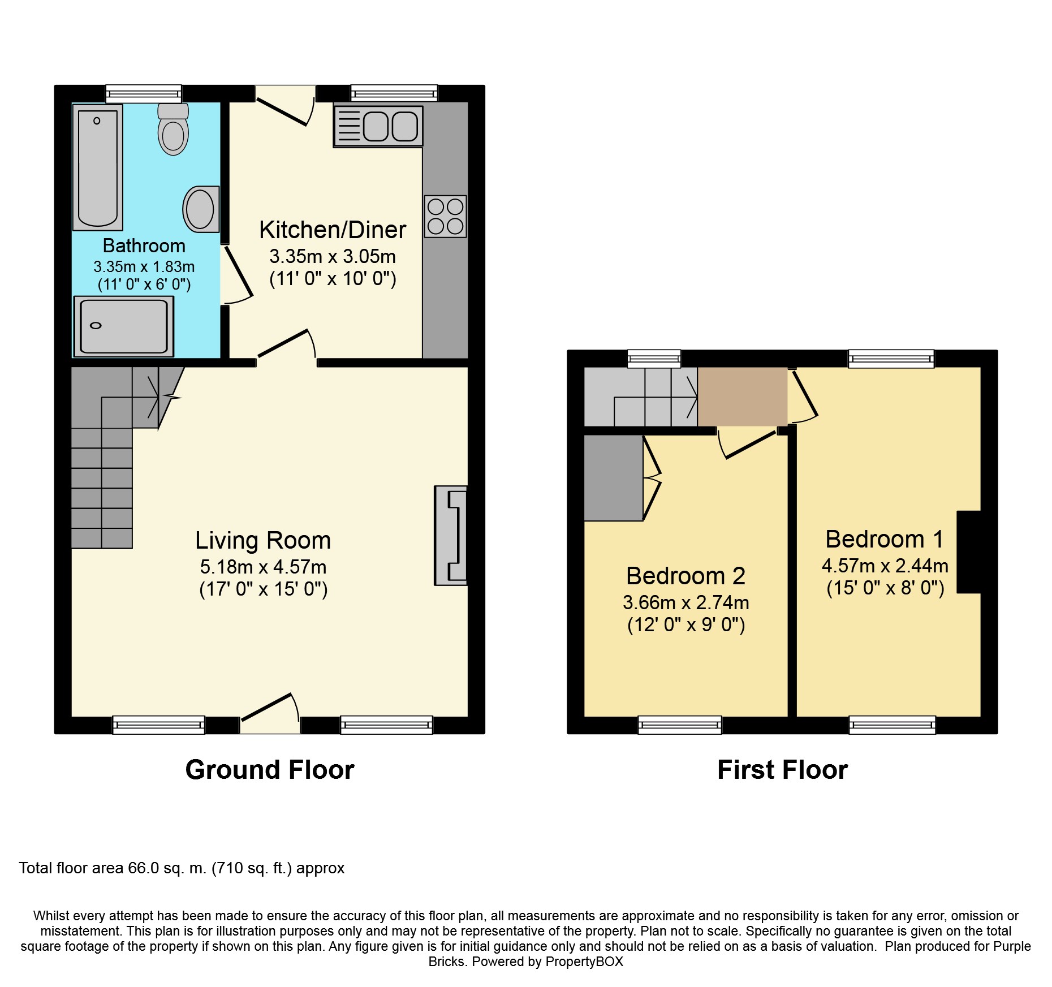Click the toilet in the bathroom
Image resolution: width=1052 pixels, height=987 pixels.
click(173, 129)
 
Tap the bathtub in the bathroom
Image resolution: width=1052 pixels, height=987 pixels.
click(98, 167)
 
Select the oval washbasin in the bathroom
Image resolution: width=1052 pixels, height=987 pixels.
click(201, 209)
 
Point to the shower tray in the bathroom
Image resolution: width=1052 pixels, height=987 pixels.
click(124, 326)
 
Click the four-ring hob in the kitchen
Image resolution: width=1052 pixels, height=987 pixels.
click(446, 217)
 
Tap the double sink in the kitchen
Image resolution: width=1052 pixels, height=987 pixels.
click(378, 126)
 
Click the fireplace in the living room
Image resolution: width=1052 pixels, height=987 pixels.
click(451, 535)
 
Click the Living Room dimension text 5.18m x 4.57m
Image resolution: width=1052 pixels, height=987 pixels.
click(263, 567)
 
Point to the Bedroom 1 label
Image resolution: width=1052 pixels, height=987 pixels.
click(885, 539)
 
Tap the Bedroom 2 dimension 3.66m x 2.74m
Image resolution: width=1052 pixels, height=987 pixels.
click(686, 602)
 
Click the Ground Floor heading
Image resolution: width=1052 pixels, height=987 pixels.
click(270, 770)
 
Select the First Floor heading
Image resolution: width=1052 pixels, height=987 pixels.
click(783, 770)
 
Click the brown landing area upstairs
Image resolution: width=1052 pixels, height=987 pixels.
click(743, 396)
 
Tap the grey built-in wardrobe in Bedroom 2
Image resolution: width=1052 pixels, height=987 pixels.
click(614, 477)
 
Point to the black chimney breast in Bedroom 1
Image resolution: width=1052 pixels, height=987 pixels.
click(968, 552)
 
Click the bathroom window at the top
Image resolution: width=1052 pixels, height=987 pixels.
click(144, 94)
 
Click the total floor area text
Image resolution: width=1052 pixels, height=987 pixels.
click(182, 868)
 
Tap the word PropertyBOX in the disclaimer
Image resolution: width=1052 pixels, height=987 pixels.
click(584, 962)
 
